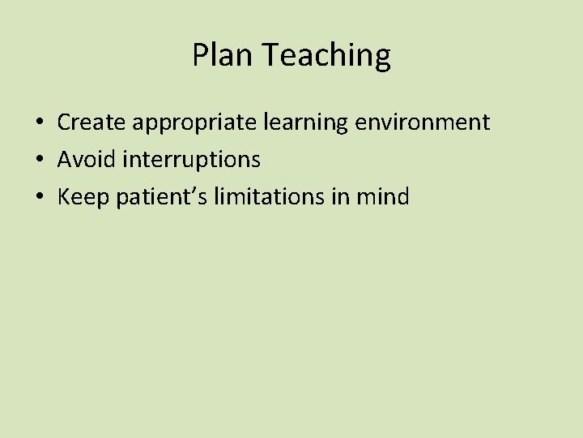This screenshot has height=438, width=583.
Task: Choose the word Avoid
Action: point(87,159)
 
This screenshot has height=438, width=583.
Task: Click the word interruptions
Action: point(192,161)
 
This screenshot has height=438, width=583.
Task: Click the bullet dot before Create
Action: point(39,123)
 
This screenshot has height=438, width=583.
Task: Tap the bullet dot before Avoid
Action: point(39,160)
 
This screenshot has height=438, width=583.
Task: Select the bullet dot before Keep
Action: point(39,197)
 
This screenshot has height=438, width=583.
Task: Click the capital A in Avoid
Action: point(65,159)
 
